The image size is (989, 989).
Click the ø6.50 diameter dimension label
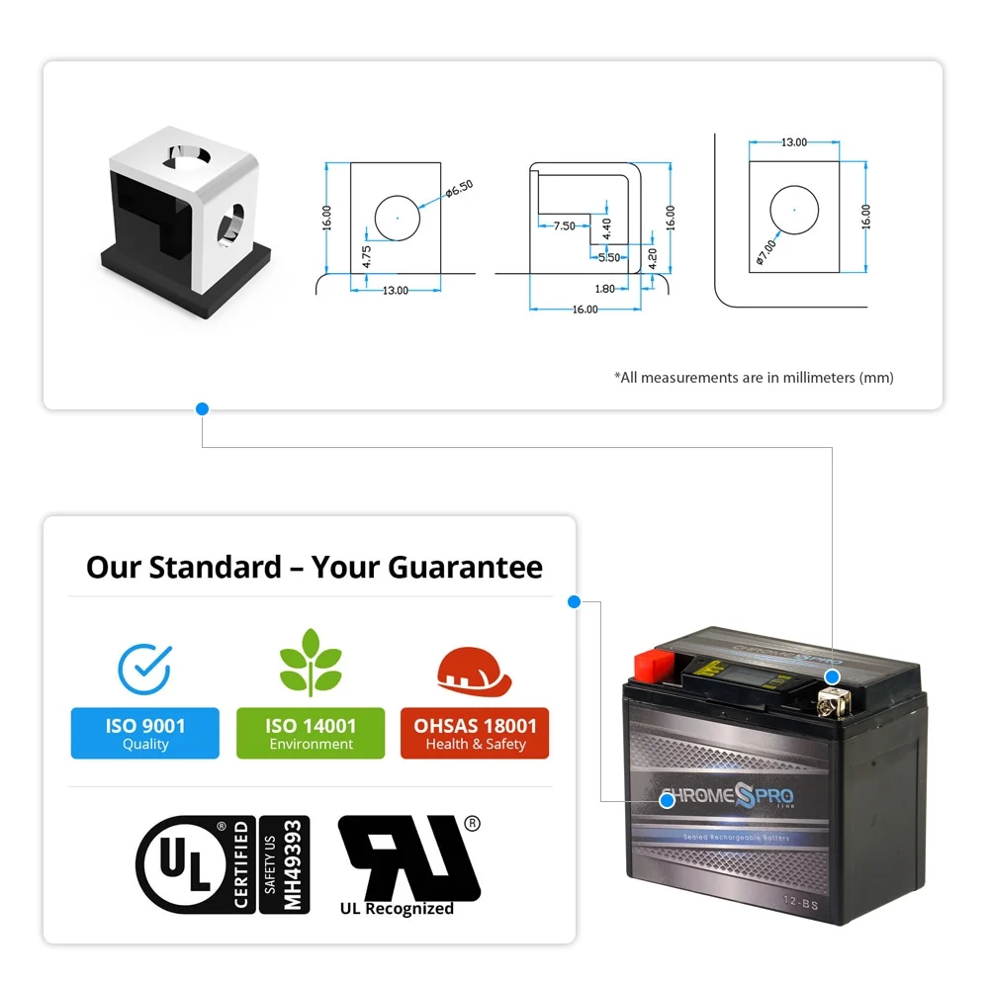(461, 188)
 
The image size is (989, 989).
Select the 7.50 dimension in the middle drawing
(564, 226)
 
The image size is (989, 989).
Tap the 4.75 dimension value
(366, 257)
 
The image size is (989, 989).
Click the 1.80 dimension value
(605, 289)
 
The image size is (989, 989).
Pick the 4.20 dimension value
(652, 258)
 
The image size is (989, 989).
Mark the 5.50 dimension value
(609, 257)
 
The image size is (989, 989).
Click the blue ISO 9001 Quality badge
(145, 734)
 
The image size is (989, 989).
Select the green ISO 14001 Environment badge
(311, 734)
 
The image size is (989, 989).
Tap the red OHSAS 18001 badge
(475, 734)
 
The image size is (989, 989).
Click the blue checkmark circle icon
(144, 668)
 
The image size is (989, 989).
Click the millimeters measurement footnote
(754, 378)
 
